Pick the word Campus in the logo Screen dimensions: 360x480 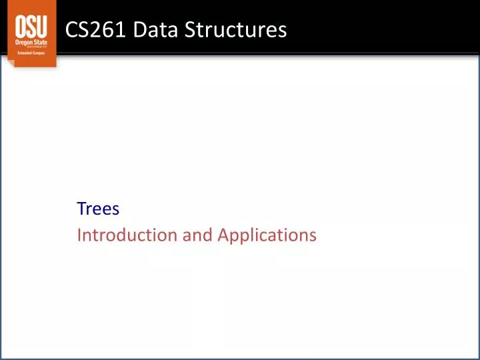39,53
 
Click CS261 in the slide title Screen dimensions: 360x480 91,29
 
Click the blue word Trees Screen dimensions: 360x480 98,209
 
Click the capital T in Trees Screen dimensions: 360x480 81,209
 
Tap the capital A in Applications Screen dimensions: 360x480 223,235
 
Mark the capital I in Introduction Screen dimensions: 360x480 79,235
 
